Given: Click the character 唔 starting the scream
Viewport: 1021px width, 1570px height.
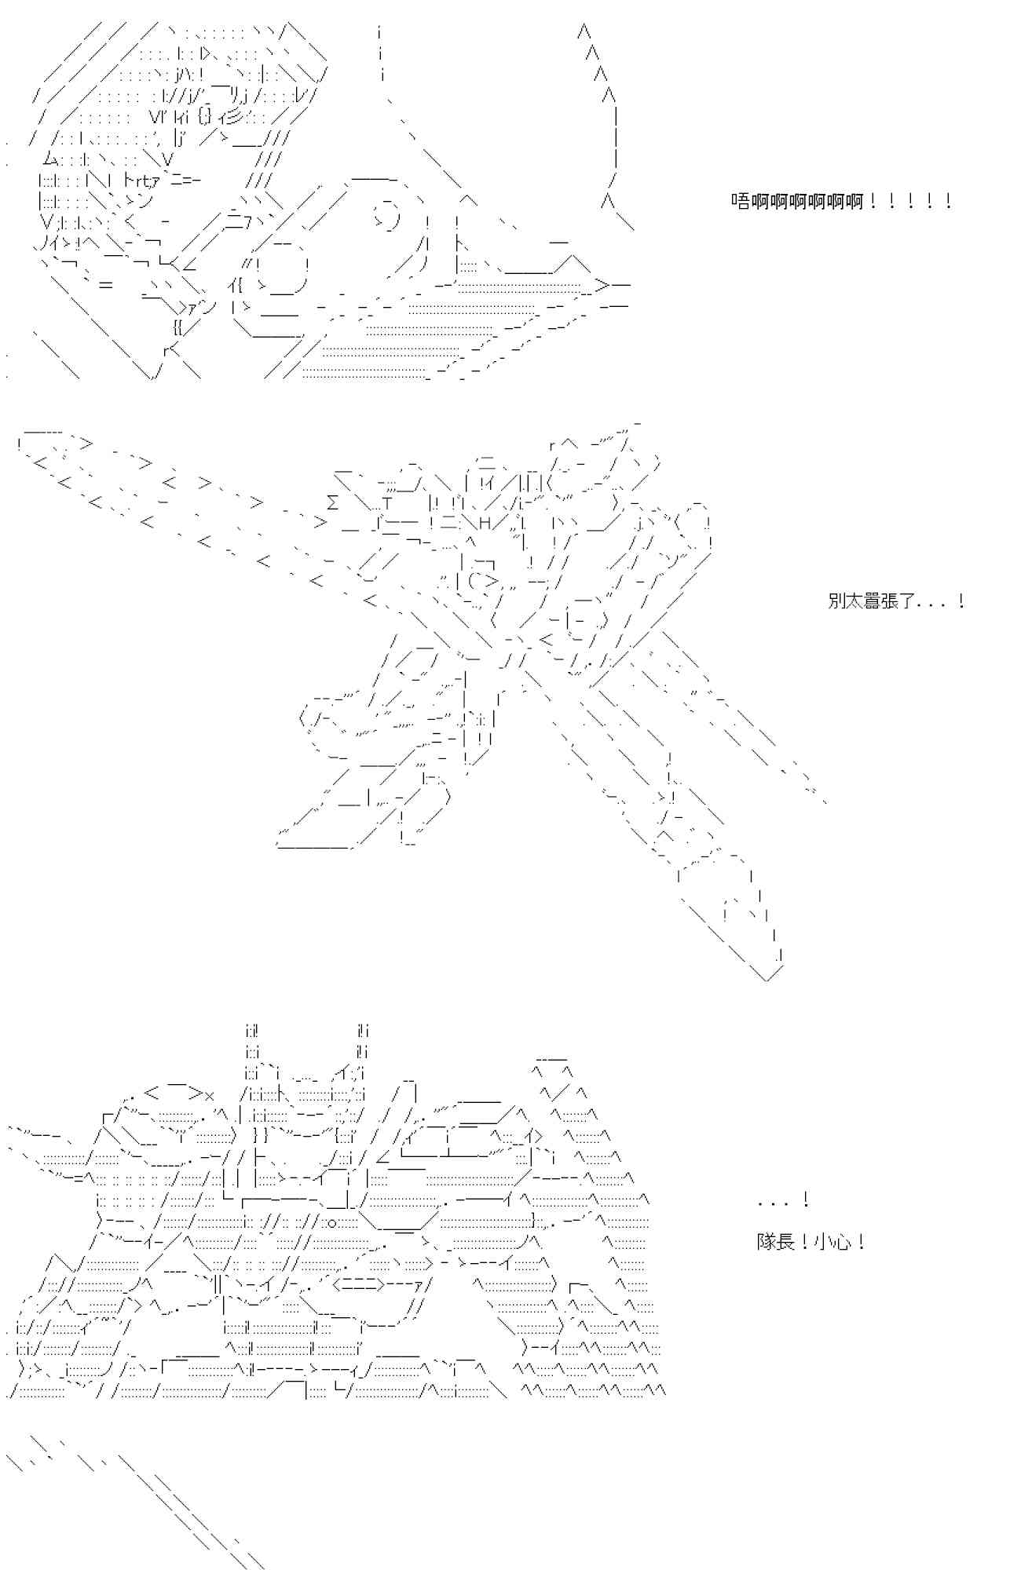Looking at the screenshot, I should (x=740, y=202).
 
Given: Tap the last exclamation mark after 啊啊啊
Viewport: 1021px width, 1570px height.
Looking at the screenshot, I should (x=949, y=202).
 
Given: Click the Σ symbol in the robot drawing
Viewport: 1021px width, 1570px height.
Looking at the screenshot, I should (x=332, y=503).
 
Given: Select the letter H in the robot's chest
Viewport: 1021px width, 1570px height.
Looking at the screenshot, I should (x=485, y=523).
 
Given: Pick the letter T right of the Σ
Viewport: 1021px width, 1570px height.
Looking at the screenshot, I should (x=386, y=503).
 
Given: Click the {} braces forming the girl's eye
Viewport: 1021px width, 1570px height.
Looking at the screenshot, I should (x=204, y=118).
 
